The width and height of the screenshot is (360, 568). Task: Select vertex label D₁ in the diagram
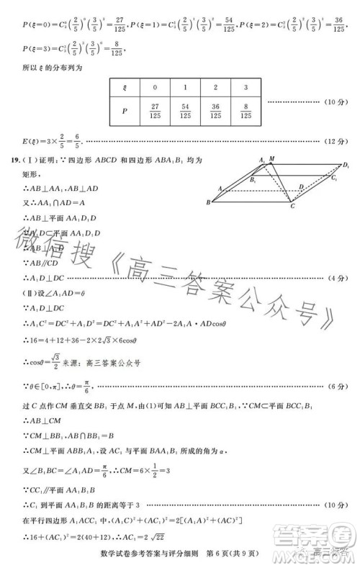(346, 166)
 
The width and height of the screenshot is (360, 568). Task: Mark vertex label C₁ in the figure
(334, 179)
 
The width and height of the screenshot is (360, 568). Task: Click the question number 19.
(14, 159)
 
